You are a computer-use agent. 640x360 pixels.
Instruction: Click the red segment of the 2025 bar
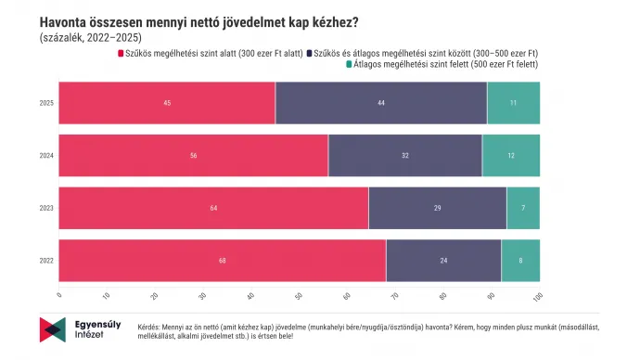click(167, 103)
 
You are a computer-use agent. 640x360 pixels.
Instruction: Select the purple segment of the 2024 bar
click(405, 156)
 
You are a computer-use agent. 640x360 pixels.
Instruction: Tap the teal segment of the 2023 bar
click(523, 208)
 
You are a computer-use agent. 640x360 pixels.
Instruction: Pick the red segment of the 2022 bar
click(223, 261)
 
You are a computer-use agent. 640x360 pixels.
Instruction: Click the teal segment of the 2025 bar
click(513, 103)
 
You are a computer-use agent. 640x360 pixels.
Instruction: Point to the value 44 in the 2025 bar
click(381, 103)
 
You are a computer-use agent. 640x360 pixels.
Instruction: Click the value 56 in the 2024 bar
click(194, 156)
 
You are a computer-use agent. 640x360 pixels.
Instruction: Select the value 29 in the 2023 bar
click(438, 208)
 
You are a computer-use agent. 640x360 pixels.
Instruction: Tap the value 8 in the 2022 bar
click(520, 261)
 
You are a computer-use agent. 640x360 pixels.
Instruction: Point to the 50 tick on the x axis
click(298, 296)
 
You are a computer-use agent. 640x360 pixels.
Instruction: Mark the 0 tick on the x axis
click(59, 296)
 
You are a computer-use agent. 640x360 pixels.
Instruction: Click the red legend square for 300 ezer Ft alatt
click(120, 53)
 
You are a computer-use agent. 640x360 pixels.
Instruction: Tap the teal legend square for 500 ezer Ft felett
click(349, 65)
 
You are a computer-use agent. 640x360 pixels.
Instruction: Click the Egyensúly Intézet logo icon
click(52, 329)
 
